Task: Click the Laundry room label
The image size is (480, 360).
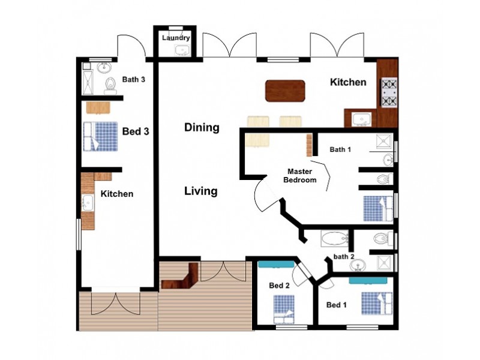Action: (x=176, y=38)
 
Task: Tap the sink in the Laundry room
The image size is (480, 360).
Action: (x=182, y=50)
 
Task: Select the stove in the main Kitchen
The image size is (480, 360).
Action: (x=389, y=92)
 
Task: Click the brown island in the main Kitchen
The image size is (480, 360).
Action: (x=285, y=91)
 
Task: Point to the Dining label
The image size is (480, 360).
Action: (x=202, y=127)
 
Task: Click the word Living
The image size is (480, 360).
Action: (x=201, y=191)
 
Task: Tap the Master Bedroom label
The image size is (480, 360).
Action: (x=299, y=176)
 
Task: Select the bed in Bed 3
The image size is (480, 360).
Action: (x=100, y=137)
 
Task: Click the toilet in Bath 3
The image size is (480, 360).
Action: (x=110, y=85)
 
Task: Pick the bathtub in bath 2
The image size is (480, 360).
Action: (x=335, y=238)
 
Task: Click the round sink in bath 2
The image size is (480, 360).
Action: (x=357, y=265)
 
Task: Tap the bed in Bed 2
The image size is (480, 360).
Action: (x=284, y=309)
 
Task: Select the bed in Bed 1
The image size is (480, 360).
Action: (x=377, y=304)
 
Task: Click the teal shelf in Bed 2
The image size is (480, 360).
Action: (x=276, y=264)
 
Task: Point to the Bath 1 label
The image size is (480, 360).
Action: (x=340, y=149)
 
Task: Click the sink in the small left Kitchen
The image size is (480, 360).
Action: (x=88, y=203)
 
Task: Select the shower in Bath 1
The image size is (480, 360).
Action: (x=384, y=142)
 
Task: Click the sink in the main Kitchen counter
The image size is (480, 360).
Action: (x=362, y=119)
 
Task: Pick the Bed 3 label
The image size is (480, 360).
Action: (x=136, y=131)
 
